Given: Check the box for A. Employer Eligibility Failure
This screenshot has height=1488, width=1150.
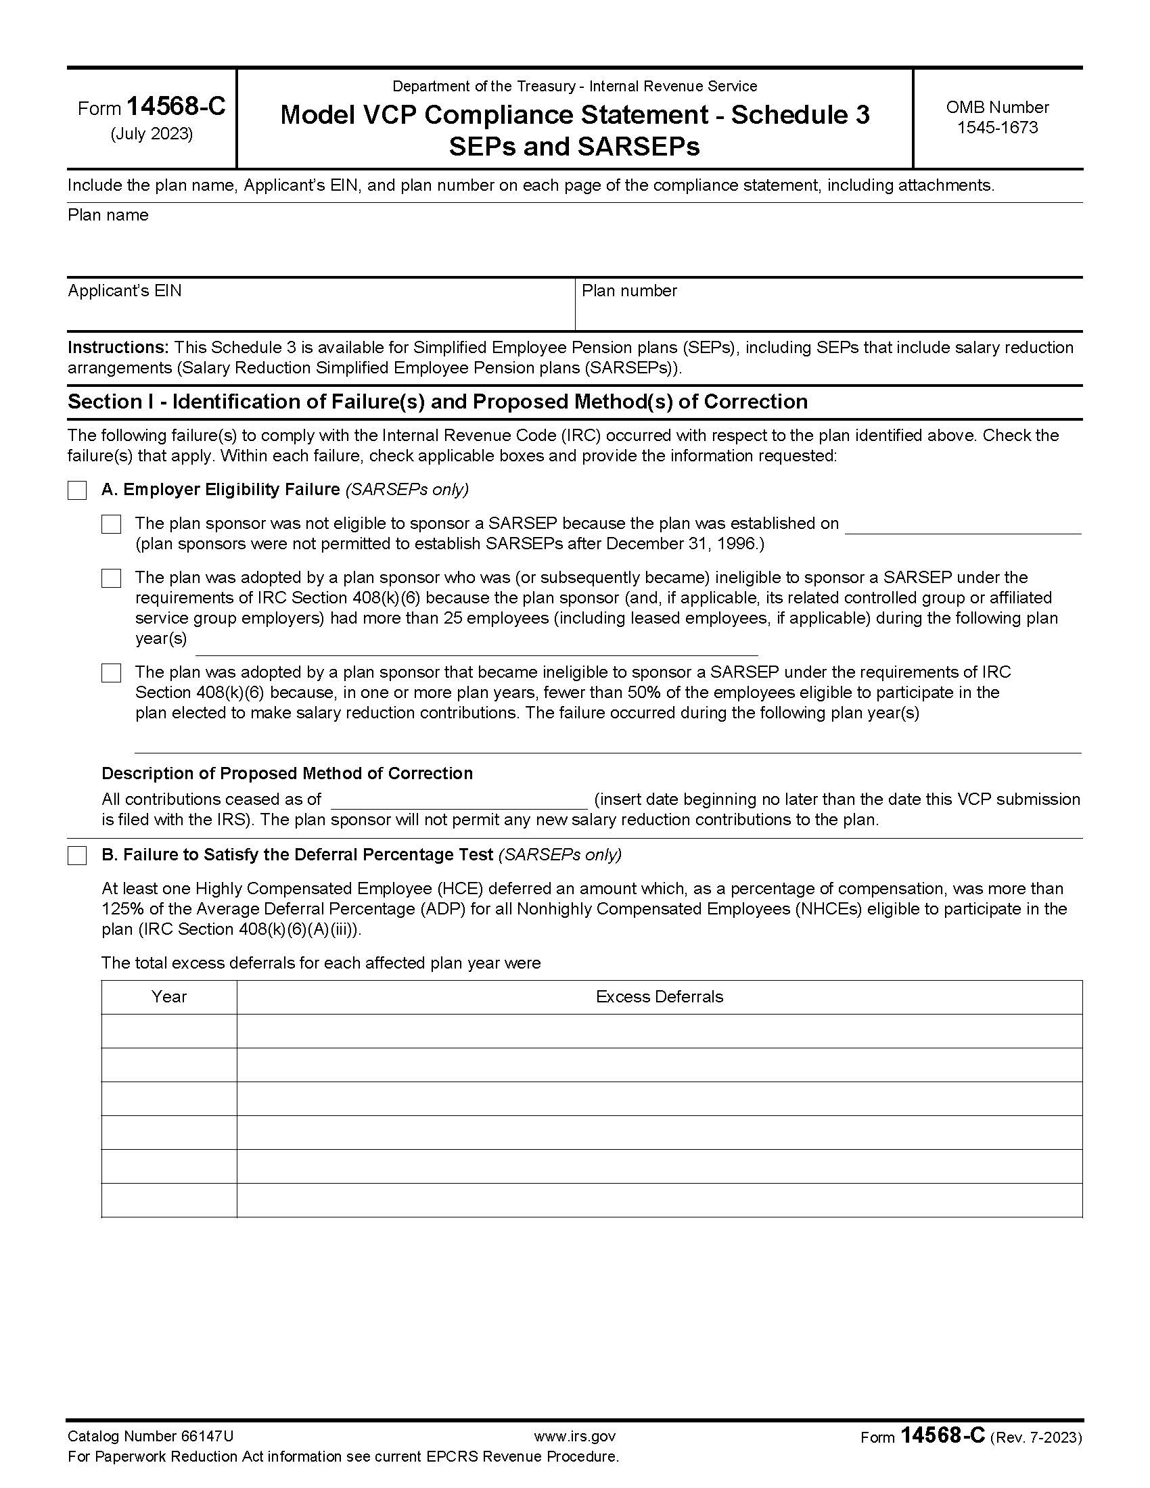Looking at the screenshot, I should (77, 490).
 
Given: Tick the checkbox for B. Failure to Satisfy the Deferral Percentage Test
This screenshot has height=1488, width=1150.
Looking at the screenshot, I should (77, 856).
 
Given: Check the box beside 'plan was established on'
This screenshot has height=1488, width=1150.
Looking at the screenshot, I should (111, 524).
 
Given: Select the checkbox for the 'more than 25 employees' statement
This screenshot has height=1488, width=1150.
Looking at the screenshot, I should (111, 578).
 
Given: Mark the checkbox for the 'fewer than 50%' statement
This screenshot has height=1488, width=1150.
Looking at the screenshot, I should (111, 673).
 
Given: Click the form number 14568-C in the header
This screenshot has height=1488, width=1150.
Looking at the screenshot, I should (176, 107).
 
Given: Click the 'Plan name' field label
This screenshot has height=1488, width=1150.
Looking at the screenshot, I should (108, 215).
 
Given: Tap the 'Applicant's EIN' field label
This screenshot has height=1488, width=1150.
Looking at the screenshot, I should (124, 291).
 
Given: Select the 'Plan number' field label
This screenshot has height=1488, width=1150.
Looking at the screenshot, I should (629, 291).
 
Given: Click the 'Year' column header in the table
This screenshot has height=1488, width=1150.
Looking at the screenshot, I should (169, 997).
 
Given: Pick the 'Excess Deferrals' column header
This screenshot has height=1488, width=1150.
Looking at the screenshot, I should (659, 997).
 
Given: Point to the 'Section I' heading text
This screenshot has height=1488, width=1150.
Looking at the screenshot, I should (438, 402).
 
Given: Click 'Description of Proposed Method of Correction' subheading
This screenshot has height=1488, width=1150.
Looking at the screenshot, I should (287, 773).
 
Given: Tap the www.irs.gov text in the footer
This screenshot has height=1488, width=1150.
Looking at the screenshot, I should (574, 1437).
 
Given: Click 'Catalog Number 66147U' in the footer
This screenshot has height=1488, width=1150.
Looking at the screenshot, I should (150, 1437).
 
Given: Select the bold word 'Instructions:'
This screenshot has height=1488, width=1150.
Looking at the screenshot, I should (117, 348).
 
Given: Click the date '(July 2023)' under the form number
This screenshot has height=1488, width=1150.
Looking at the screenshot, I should (152, 134).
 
